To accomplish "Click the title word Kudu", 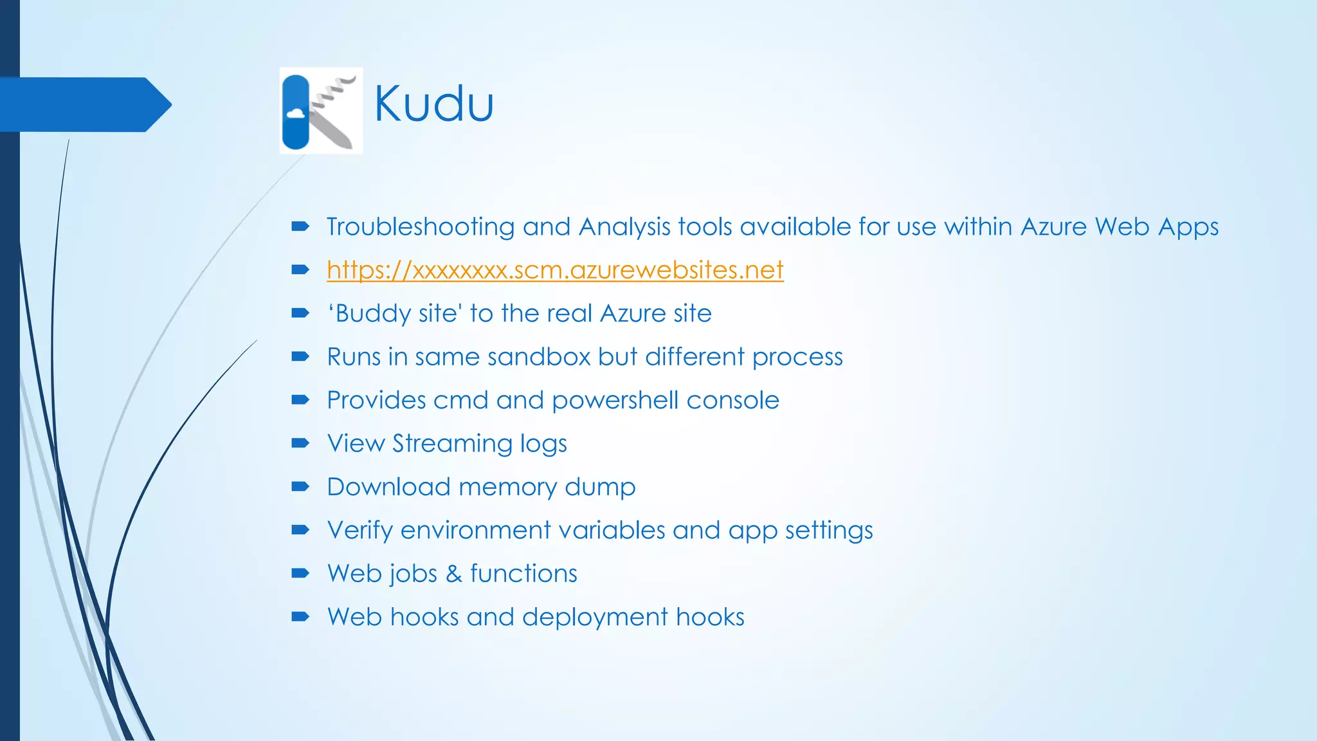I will pos(434,104).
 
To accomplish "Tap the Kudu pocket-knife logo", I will pos(321,111).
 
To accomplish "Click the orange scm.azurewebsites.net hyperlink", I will pos(555,270).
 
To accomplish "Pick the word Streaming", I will pos(452,444).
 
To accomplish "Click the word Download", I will pos(388,487).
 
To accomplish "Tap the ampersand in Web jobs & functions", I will pos(454,574).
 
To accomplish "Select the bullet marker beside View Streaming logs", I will pos(300,443).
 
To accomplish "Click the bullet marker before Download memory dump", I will pos(300,486).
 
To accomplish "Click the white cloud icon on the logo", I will pos(295,114).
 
